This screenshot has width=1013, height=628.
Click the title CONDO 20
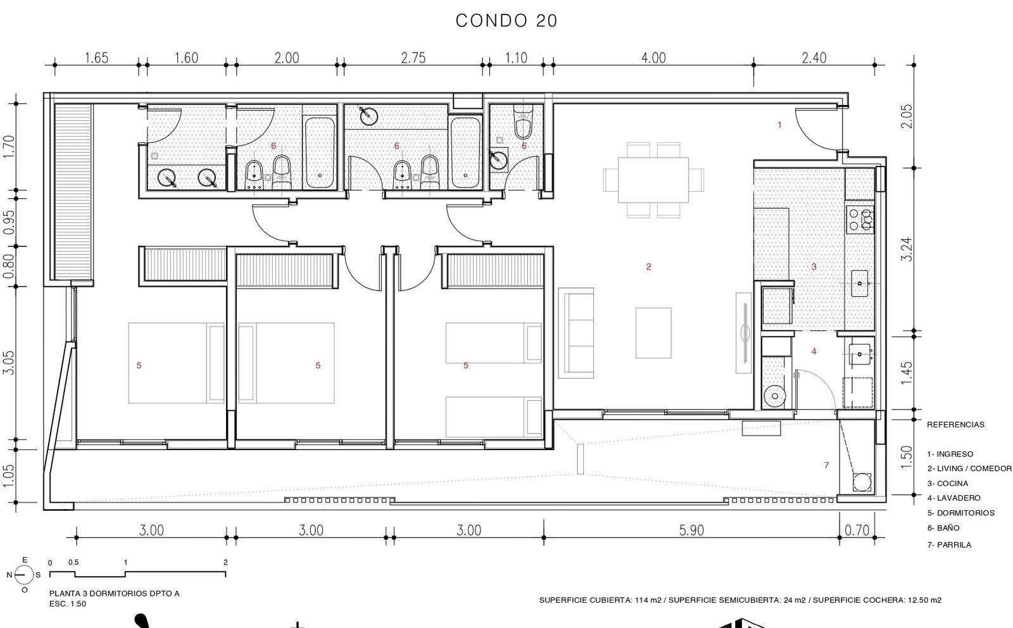click(506, 21)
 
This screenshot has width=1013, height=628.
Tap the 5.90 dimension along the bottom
click(691, 530)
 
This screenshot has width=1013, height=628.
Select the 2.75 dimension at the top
click(413, 58)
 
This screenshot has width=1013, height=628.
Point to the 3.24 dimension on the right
click(906, 249)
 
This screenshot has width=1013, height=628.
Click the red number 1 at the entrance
click(779, 125)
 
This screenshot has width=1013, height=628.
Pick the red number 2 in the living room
click(648, 267)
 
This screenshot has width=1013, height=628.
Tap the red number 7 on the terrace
click(826, 465)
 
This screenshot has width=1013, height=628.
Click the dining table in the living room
click(653, 180)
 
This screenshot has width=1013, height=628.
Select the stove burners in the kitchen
click(860, 220)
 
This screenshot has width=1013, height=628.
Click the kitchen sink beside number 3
click(859, 284)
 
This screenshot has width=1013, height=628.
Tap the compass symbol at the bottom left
click(24, 575)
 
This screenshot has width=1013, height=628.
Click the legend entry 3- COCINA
click(947, 483)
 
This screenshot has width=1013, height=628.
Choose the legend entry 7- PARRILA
click(949, 545)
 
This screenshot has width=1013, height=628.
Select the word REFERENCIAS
click(955, 425)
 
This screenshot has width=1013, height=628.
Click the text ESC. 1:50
click(67, 603)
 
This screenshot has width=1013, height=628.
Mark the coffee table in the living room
click(653, 333)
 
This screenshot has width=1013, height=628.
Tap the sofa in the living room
click(576, 333)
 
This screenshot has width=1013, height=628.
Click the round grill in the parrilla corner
click(862, 482)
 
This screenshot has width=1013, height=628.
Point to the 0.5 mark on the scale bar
click(73, 562)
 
